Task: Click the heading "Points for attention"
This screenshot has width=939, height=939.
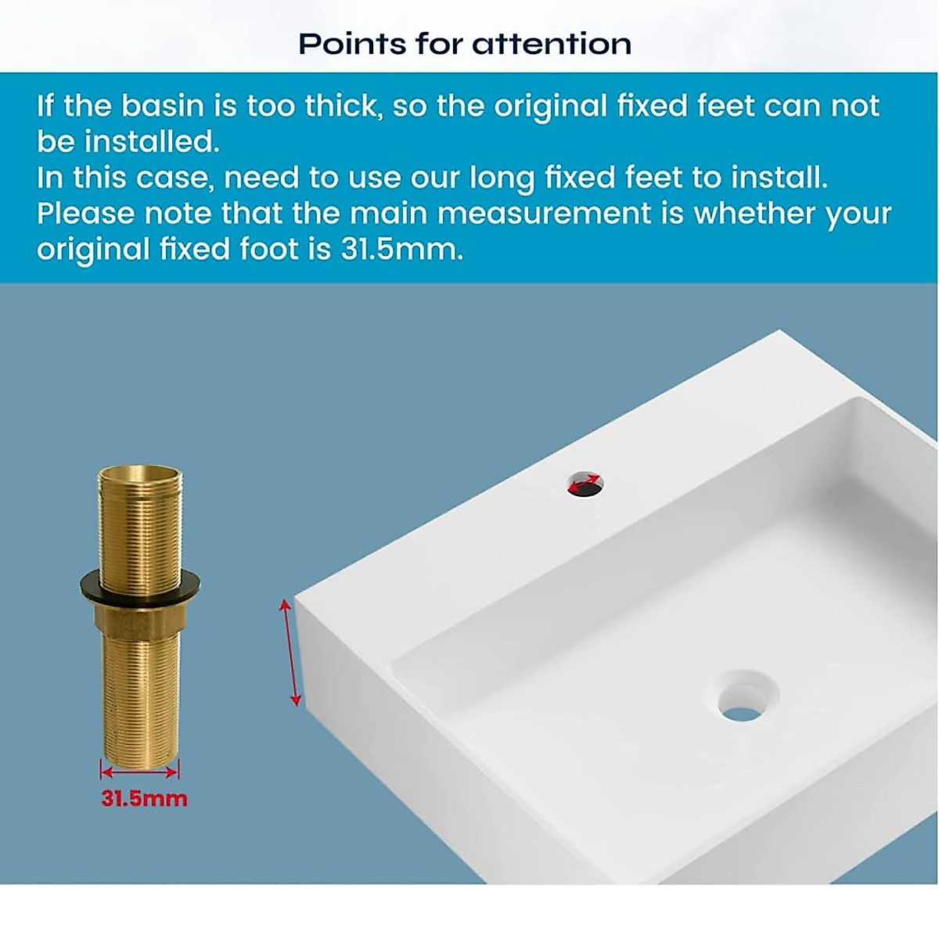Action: click(465, 44)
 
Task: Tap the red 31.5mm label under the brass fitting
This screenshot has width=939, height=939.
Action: click(144, 799)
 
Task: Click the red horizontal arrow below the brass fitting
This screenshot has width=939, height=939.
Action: click(140, 772)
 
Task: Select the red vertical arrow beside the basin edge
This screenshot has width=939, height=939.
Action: click(290, 651)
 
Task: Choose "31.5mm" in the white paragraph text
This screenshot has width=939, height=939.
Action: click(401, 250)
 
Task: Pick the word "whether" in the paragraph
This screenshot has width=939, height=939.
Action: click(753, 214)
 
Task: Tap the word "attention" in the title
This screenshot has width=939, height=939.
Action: click(552, 44)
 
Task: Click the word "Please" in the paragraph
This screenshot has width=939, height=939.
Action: click(85, 214)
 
